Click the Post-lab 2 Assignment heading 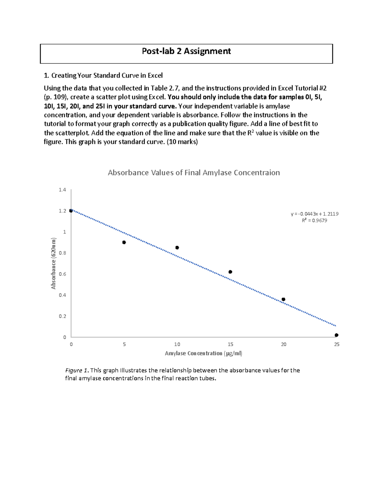(x=186, y=51)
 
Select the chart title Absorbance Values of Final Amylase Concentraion (x=194, y=173)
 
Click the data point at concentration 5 (x=124, y=242)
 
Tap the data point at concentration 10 (x=177, y=248)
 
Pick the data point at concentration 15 (x=230, y=272)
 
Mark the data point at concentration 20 (x=283, y=299)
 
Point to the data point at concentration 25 (x=337, y=335)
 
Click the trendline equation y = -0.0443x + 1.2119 (x=315, y=214)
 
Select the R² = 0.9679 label (x=315, y=221)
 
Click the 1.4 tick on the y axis (x=62, y=190)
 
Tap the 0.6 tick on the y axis (x=62, y=274)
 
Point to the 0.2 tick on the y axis (x=62, y=316)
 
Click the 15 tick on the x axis (x=230, y=344)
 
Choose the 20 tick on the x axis (x=283, y=344)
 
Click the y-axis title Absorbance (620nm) (x=54, y=263)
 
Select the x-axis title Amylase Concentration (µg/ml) (x=204, y=353)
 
